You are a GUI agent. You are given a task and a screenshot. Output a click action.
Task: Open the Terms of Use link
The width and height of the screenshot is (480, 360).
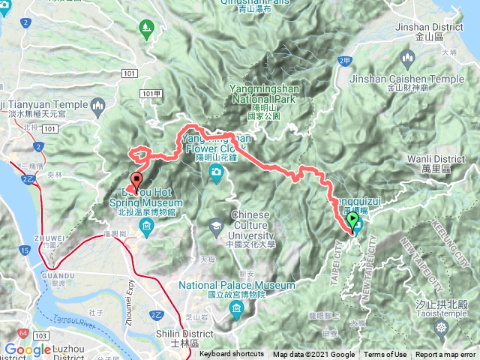tap(385, 355)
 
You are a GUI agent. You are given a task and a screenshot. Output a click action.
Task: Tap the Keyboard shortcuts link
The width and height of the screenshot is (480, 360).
tap(232, 355)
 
